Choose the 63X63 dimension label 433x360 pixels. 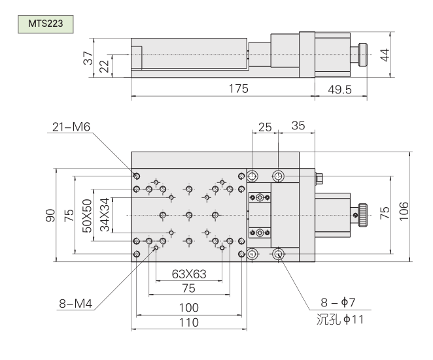(188, 274)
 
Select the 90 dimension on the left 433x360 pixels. (50, 215)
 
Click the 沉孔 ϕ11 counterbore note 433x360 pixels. (339, 321)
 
